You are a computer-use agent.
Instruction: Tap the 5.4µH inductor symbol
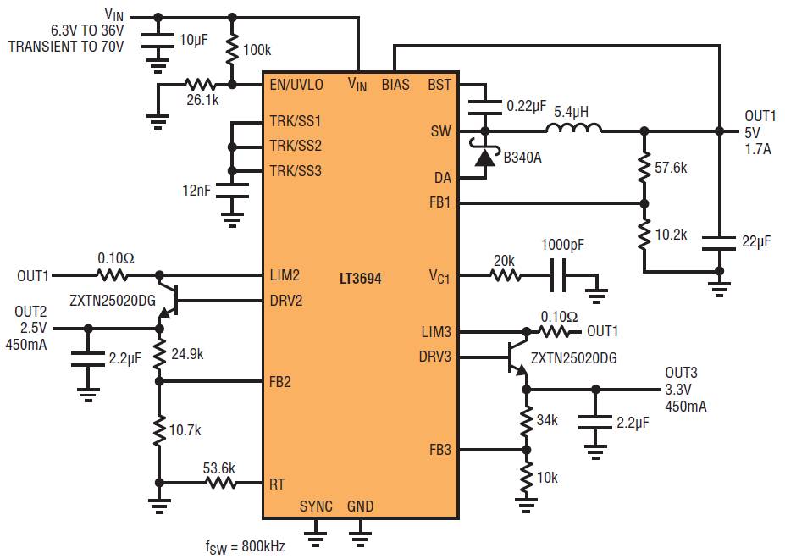click(573, 129)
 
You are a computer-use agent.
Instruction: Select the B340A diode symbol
click(485, 157)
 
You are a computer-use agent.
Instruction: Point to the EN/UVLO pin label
click(296, 85)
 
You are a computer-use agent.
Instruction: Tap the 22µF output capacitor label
click(756, 241)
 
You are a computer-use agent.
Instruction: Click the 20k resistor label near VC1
click(505, 261)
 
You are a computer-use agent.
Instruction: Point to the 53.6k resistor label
click(218, 468)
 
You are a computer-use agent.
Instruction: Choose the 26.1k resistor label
click(202, 100)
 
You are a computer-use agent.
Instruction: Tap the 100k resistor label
click(257, 50)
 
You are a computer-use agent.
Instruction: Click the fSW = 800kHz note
click(245, 546)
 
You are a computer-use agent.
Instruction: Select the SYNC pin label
click(316, 506)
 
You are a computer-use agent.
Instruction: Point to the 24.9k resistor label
click(186, 354)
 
